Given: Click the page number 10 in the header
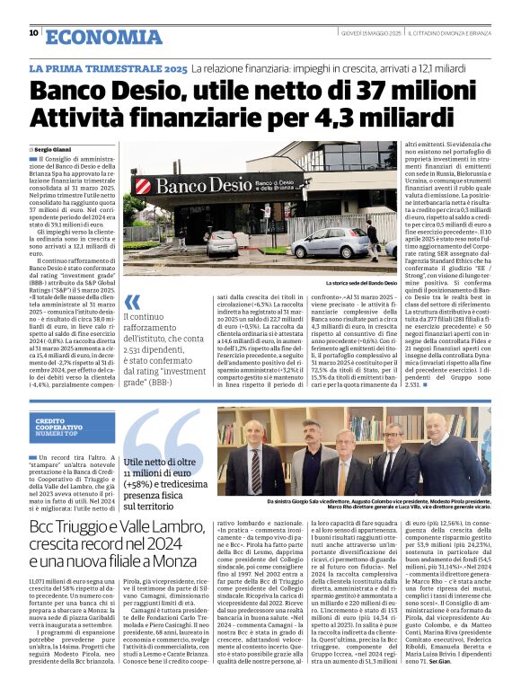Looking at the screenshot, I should click(x=33, y=33).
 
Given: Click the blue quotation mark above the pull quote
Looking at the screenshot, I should click(x=132, y=303).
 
